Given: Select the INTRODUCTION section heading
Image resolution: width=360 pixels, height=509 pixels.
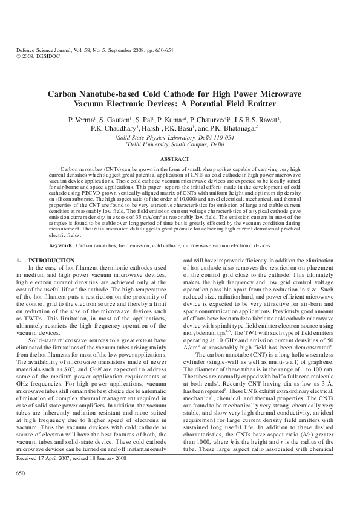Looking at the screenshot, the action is (44, 259).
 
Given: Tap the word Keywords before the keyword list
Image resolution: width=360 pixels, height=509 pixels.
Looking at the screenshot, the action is (61, 246).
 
